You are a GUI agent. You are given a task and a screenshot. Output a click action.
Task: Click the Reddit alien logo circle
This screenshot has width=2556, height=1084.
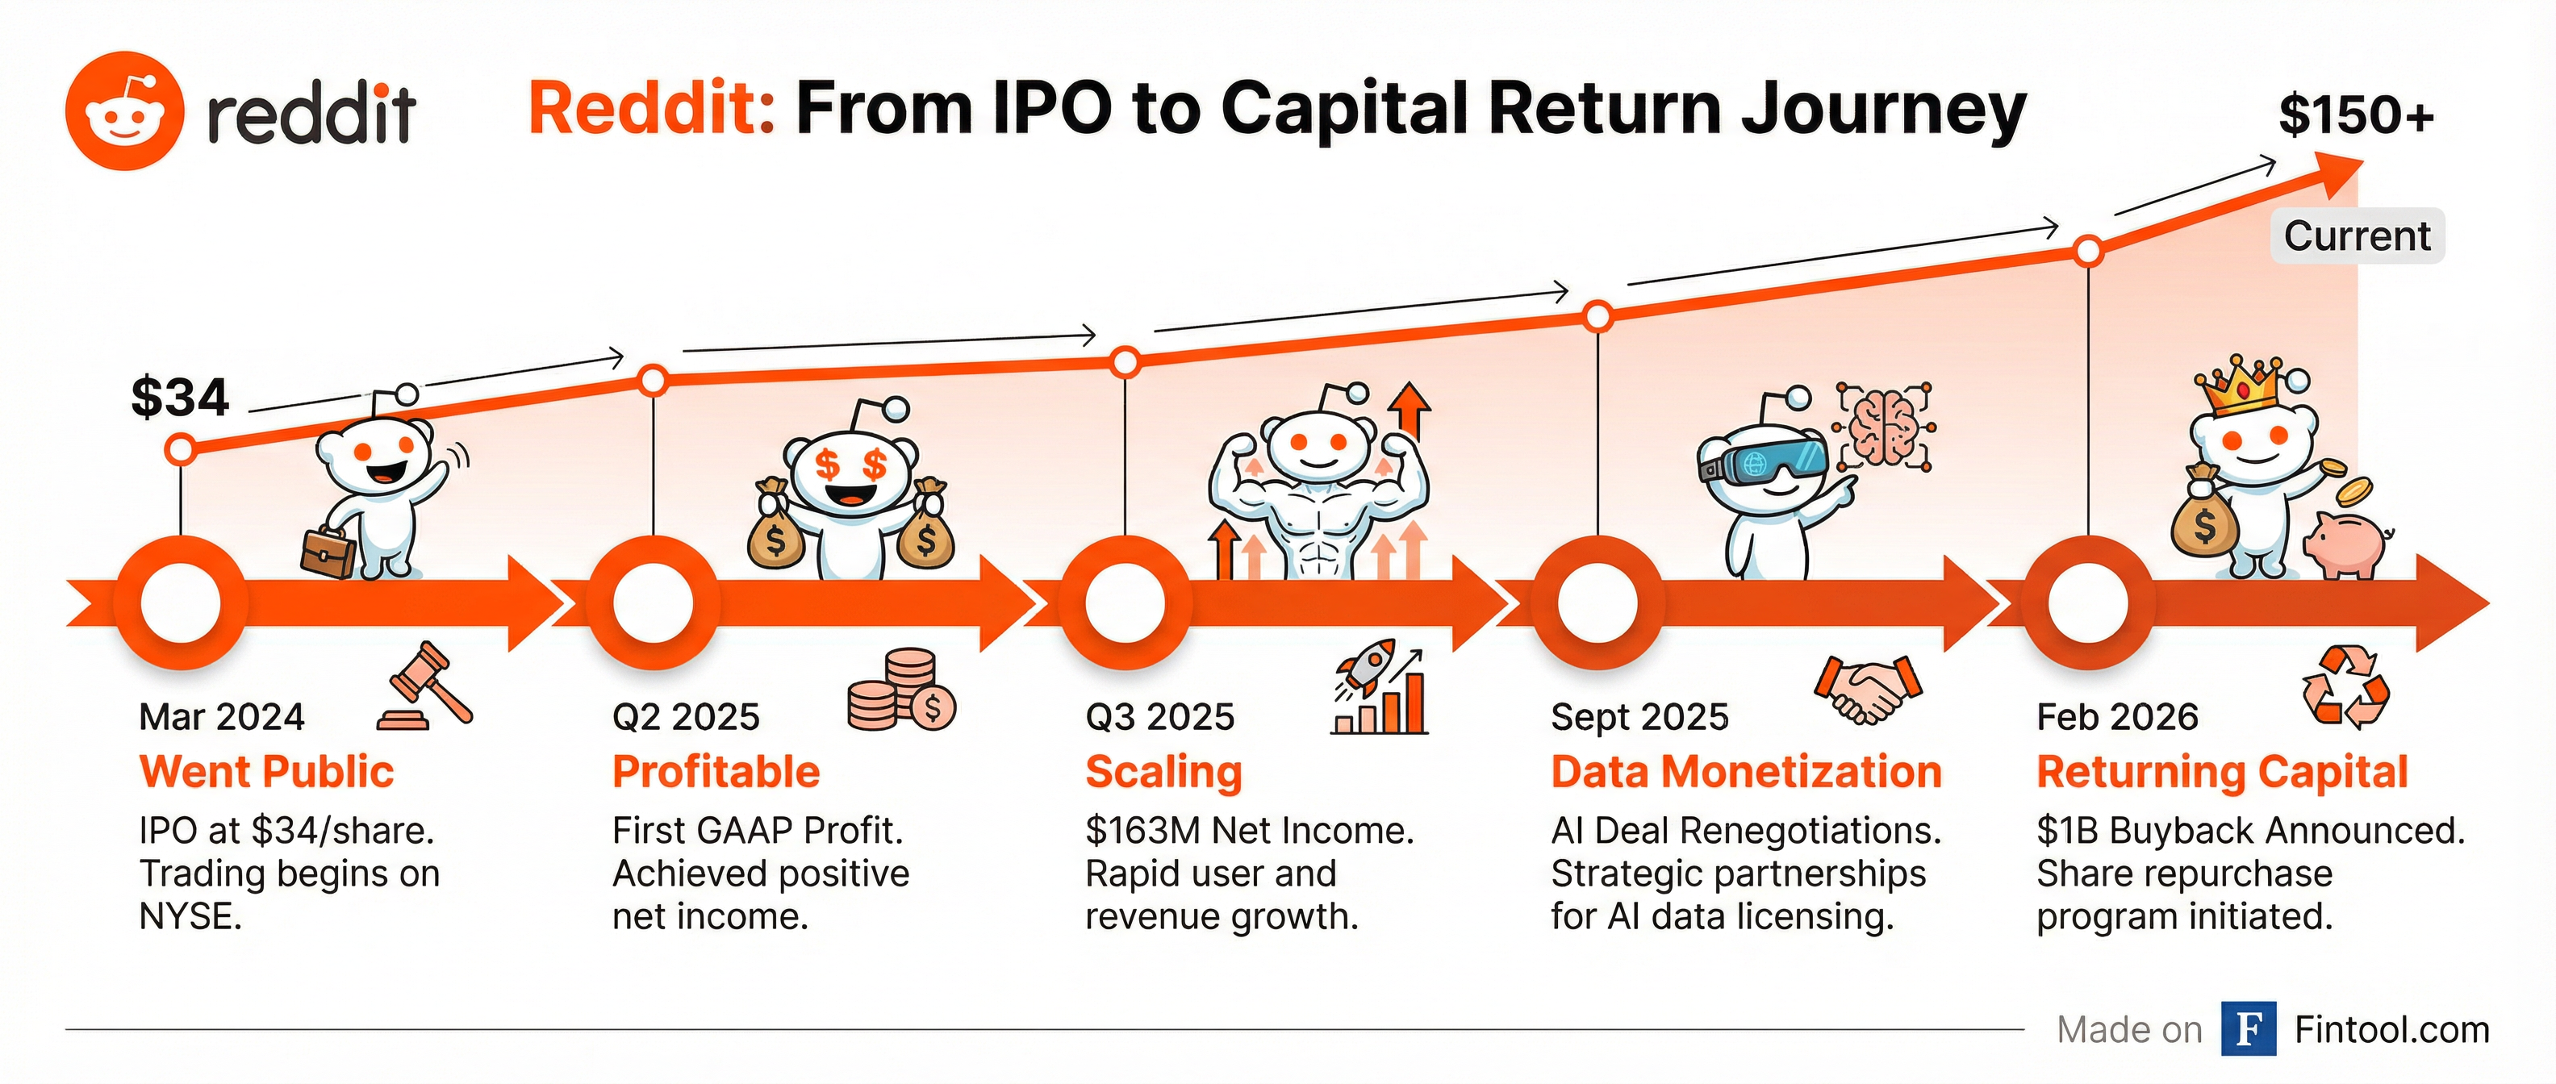pos(125,111)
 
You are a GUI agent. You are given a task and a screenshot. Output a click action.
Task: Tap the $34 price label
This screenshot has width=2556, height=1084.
pos(180,398)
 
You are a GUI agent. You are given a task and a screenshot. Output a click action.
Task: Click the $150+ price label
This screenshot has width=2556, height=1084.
pos(2356,115)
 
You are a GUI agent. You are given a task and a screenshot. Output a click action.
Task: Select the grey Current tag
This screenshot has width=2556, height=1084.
pos(2357,236)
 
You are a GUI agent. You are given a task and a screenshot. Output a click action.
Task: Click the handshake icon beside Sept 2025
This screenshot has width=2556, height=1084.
pos(1868,688)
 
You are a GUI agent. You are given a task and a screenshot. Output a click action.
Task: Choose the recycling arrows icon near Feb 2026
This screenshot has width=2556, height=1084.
pos(2345,686)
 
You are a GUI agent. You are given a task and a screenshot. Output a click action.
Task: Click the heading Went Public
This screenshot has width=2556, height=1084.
pos(267,772)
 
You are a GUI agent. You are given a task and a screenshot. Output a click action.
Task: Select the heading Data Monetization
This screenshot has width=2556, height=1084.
pos(1745,772)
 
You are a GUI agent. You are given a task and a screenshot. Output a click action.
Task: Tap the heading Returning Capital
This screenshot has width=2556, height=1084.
pos(2222,773)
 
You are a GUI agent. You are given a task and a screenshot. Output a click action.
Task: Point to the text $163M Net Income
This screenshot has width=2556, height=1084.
pos(1249,830)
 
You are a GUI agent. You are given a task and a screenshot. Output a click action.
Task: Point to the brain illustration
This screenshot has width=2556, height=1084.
pos(1883,427)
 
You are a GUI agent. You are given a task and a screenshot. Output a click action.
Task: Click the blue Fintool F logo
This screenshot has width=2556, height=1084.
pos(2249,1029)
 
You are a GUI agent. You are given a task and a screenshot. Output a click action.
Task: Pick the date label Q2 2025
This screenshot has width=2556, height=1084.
pos(686,716)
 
